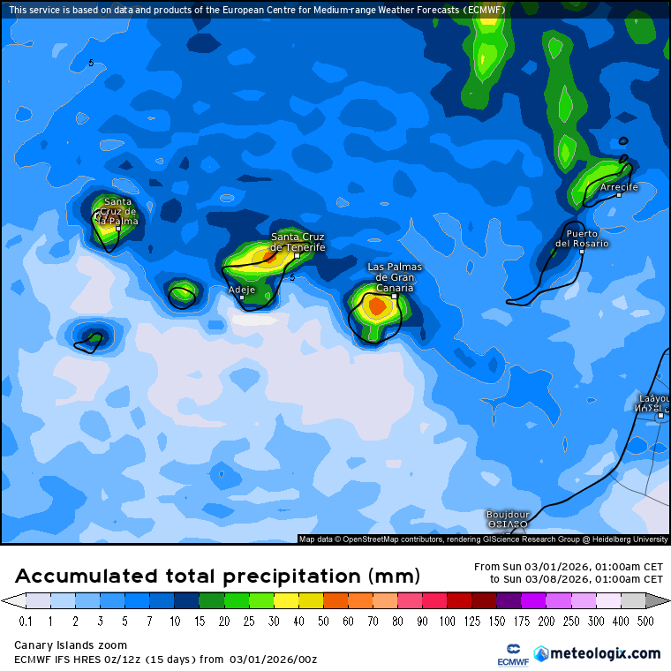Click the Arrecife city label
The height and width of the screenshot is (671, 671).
coord(618,187)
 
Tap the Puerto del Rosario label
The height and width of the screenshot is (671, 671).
coord(582,238)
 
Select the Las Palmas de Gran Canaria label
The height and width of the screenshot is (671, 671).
coord(395,277)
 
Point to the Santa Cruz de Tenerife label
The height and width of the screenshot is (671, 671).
coord(298,242)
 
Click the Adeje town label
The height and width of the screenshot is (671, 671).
coord(241,289)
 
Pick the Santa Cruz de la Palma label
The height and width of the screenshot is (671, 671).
coord(117,212)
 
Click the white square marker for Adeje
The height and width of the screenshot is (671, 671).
coord(242,298)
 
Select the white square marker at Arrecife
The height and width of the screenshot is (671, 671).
coord(619,195)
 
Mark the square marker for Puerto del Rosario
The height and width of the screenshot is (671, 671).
coord(582,252)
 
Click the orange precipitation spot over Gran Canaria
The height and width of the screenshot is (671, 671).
coord(375,307)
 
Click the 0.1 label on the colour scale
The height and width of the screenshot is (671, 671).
coord(26,622)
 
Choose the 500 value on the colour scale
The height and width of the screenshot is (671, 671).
coord(645,622)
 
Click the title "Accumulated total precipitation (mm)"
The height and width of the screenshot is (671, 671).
coord(217,577)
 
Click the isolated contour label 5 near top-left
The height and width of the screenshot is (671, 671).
coord(91,63)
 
